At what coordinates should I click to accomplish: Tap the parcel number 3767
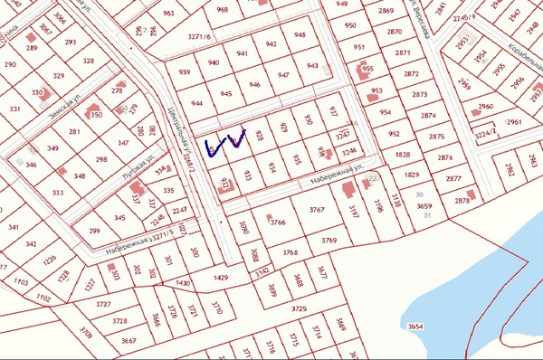click(x=316, y=210)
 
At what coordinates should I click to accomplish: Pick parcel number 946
click(x=255, y=85)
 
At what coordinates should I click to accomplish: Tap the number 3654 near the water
click(x=416, y=326)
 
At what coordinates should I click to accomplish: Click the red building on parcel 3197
click(x=347, y=190)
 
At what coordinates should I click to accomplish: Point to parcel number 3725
click(x=298, y=309)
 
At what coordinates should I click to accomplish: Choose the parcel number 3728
click(x=119, y=321)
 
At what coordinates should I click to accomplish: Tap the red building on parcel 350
click(x=92, y=113)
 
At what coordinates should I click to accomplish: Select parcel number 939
click(x=185, y=72)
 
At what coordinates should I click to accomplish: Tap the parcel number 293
click(x=71, y=43)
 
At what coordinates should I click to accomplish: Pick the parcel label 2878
click(x=463, y=201)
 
